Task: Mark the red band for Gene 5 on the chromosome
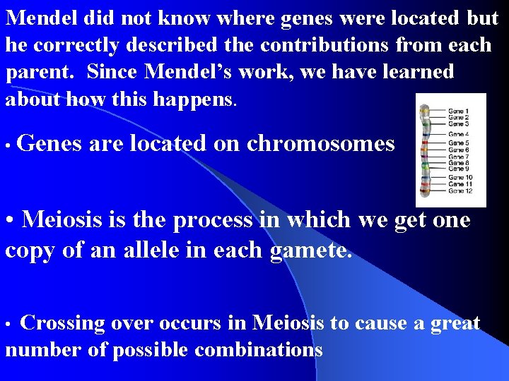pyautogui.click(x=425, y=144)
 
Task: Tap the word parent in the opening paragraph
pyautogui.click(x=35, y=73)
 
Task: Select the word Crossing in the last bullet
pyautogui.click(x=62, y=324)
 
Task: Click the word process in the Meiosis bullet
pyautogui.click(x=213, y=219)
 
